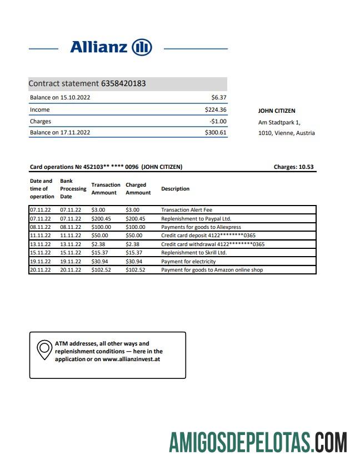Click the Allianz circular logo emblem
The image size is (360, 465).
point(142,47)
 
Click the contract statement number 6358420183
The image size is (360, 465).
point(123,84)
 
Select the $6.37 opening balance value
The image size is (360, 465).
point(219,97)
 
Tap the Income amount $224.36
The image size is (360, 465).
point(216,109)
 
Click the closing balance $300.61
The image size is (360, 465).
point(216,133)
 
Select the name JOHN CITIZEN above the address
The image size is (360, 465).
point(277,111)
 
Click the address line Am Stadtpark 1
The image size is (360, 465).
point(279,122)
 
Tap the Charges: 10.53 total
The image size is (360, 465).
point(294,167)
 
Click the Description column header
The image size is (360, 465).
point(175,189)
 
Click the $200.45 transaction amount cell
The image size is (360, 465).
point(101,218)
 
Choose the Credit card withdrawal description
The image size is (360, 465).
point(213,244)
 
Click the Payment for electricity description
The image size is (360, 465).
point(188,261)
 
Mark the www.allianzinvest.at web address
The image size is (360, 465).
point(132,359)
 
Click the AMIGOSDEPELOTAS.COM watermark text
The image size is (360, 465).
point(258,443)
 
